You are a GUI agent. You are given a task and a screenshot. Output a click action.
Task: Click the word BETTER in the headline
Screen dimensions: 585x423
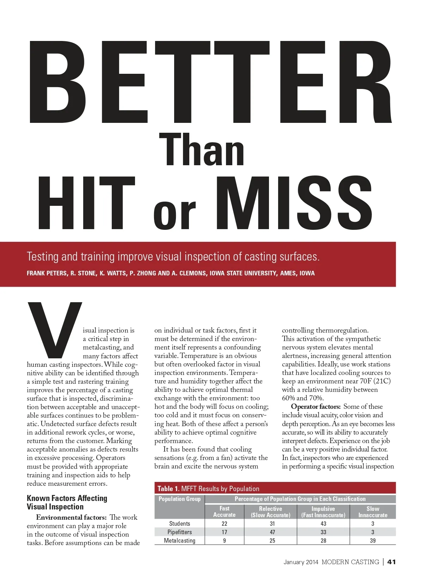point(210,82)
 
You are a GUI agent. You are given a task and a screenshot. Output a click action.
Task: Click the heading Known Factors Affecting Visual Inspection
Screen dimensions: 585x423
point(67,502)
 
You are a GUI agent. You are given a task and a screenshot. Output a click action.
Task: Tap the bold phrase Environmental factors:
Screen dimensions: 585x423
point(71,518)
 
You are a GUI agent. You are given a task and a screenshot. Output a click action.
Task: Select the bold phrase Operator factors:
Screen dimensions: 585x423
point(315,407)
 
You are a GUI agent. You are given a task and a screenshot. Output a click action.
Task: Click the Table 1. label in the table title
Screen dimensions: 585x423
point(168,489)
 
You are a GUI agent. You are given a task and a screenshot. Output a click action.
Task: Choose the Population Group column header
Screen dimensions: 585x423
point(179,499)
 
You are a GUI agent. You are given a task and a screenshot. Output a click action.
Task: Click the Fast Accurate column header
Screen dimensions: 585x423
point(224,512)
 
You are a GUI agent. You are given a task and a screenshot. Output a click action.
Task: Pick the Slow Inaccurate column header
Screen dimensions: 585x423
point(373,512)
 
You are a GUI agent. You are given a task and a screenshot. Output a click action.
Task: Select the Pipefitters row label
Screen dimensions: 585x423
point(179,532)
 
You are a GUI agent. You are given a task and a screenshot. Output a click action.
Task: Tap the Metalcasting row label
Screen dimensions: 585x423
point(179,541)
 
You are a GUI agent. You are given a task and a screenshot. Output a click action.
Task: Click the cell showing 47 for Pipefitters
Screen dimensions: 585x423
point(272,532)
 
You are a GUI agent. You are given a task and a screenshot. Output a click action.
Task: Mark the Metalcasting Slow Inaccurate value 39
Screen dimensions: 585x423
point(373,541)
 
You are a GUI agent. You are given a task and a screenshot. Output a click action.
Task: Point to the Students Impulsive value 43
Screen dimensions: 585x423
point(323,524)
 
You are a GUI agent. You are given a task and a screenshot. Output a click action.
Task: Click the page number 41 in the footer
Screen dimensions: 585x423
point(391,562)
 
